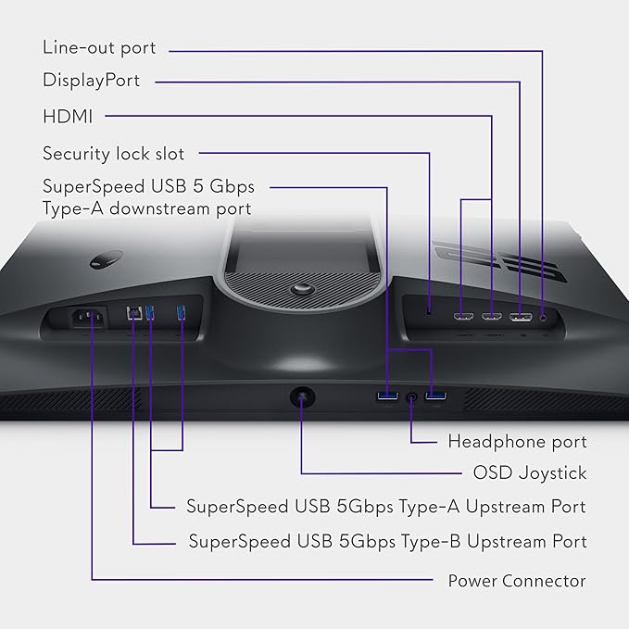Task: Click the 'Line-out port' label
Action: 99,47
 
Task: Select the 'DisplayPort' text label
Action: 91,81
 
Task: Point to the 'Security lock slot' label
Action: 113,153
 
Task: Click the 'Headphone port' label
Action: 517,441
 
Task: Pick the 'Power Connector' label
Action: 517,581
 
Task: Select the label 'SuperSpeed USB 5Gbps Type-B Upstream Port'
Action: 387,540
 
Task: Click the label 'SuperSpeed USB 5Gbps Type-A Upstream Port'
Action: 386,506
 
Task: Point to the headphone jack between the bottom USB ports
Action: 411,398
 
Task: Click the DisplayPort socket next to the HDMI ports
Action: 519,316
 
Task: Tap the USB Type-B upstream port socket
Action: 134,315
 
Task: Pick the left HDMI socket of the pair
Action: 461,317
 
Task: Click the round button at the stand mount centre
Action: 302,289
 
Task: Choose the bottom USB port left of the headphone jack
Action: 385,398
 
